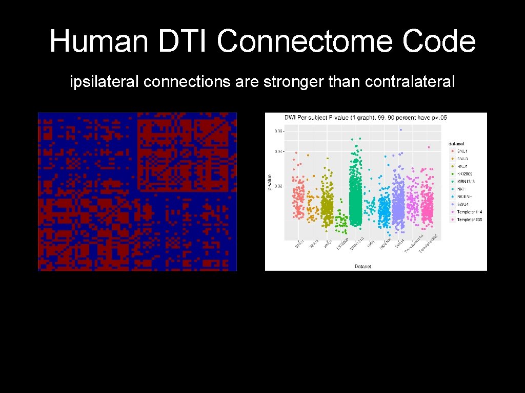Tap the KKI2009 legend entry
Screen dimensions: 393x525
(x=465, y=174)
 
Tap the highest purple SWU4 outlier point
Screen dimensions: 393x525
(x=401, y=130)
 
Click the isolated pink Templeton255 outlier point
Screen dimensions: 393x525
(x=428, y=147)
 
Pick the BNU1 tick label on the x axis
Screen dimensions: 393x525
(x=299, y=245)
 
